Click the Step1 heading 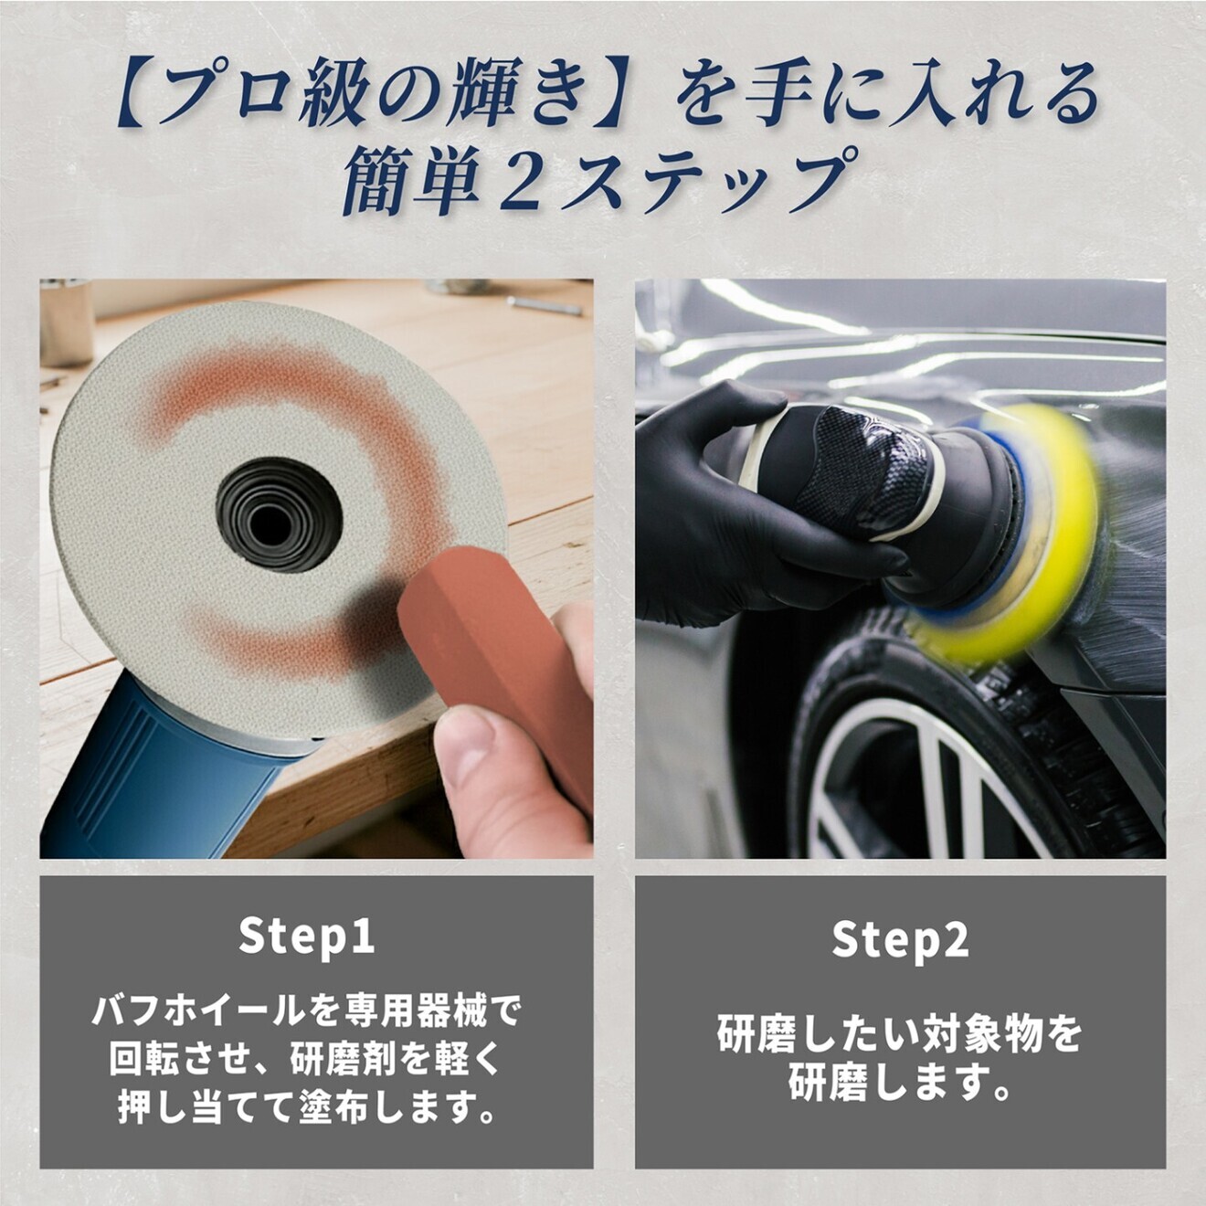click(x=306, y=936)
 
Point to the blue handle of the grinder click(x=155, y=777)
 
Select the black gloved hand click(x=722, y=521)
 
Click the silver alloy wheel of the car click(x=923, y=786)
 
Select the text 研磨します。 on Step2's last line click(x=899, y=1084)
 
